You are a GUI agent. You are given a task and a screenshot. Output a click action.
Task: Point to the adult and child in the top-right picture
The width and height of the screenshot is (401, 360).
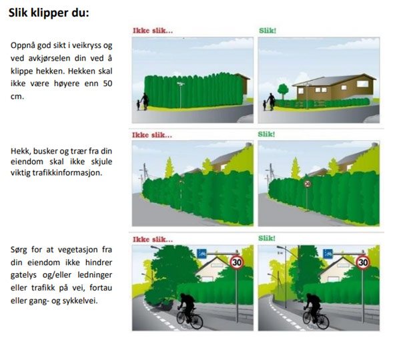(x=267, y=103)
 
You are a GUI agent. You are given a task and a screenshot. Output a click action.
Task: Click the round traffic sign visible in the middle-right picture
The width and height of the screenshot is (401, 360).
(x=307, y=184)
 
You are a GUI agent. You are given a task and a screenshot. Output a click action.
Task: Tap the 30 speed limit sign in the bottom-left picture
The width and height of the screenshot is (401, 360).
(x=236, y=262)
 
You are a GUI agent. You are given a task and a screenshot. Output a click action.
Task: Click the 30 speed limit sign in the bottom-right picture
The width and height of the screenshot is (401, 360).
(x=363, y=262)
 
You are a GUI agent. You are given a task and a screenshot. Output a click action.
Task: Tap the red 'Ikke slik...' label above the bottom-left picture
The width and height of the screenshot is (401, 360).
(x=153, y=238)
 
